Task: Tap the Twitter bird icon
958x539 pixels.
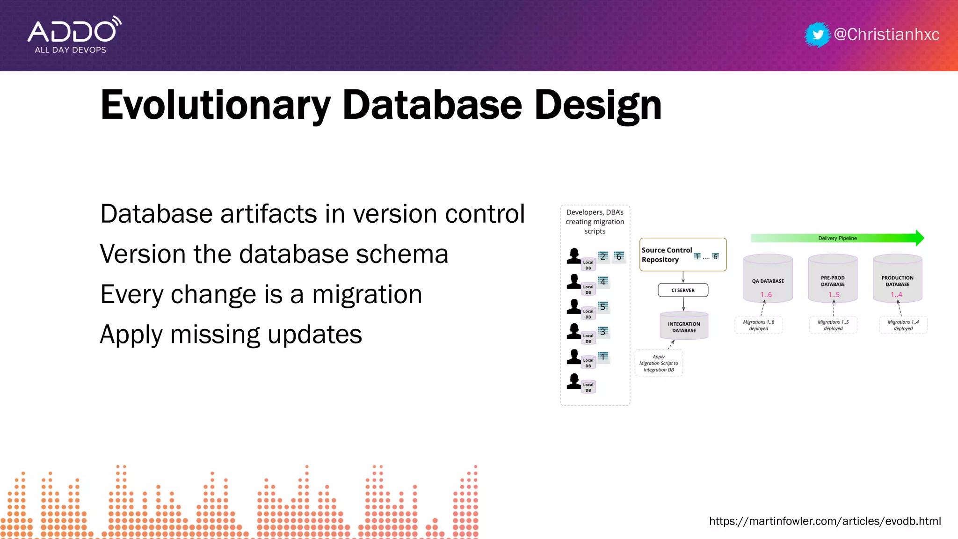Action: [818, 35]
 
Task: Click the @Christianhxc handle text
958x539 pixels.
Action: [886, 35]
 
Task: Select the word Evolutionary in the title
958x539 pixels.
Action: [215, 105]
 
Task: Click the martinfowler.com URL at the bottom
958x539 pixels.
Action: [825, 521]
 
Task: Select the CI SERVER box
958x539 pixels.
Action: [683, 290]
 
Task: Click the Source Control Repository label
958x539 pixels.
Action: [667, 255]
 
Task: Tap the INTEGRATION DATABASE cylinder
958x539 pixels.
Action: [684, 326]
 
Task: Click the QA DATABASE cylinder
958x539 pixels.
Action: [768, 280]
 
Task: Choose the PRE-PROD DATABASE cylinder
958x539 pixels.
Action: [833, 280]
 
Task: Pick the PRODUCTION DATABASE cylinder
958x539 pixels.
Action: [897, 280]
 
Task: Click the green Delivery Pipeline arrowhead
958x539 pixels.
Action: [920, 238]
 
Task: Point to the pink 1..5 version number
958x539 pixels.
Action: [834, 295]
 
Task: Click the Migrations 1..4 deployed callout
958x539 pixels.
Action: [903, 325]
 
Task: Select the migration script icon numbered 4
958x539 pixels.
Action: [603, 282]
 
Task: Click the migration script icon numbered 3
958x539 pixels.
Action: [603, 332]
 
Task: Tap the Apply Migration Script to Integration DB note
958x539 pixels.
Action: [659, 363]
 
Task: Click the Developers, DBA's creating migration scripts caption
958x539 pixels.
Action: [595, 222]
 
